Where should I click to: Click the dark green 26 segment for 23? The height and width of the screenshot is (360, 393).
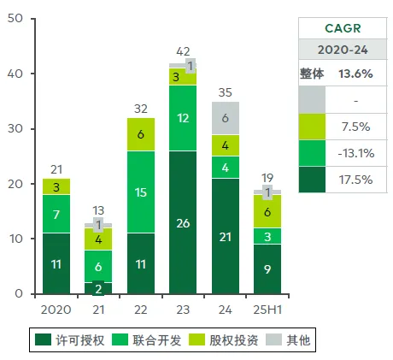tap(183, 222)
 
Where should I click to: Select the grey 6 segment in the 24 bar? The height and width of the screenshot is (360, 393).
tap(226, 118)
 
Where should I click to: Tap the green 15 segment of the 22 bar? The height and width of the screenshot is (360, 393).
tap(141, 192)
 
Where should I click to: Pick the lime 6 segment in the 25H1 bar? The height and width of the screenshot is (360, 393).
tap(267, 211)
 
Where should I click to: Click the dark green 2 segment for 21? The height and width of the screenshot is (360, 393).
tap(98, 288)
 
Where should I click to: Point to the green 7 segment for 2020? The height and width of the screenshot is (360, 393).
tap(56, 214)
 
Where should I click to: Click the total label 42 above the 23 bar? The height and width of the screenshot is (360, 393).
tap(183, 51)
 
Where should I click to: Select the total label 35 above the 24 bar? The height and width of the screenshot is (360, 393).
tap(226, 92)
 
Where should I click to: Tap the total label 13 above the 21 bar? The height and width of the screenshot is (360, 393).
tap(98, 210)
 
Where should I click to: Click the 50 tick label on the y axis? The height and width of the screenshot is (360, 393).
tap(15, 18)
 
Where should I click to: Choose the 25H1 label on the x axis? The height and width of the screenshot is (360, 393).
tap(267, 310)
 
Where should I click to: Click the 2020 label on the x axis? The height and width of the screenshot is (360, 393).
tap(56, 310)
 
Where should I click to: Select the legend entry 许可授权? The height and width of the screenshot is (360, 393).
tap(70, 340)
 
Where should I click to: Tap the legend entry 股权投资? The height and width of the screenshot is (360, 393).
tap(224, 340)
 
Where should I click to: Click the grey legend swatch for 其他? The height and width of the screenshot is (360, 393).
tap(273, 339)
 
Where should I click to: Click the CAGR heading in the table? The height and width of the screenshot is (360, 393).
tap(343, 28)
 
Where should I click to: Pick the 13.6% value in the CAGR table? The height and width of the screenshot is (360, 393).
tap(355, 74)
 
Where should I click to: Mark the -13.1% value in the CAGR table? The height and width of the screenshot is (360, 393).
tap(356, 153)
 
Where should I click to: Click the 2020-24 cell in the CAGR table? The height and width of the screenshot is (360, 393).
tap(343, 50)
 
